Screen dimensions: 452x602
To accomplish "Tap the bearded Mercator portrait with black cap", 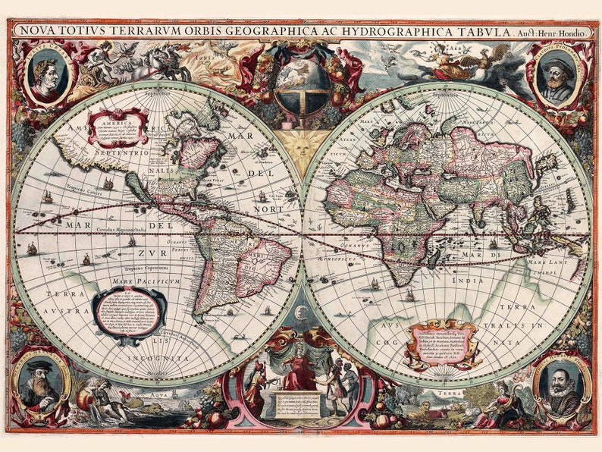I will click(x=42, y=378).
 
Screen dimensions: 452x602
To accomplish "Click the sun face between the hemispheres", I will click(x=301, y=145).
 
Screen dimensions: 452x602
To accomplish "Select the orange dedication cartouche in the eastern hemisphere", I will click(x=443, y=344).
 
